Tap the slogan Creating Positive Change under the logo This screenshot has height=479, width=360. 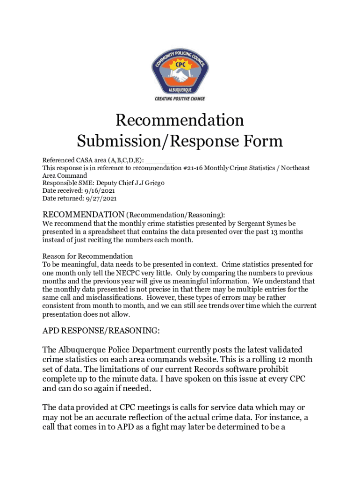180,99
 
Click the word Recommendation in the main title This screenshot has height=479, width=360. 180,121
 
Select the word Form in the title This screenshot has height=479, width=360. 265,141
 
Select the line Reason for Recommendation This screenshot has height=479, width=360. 87,256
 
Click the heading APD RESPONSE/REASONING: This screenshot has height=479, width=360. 101,331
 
